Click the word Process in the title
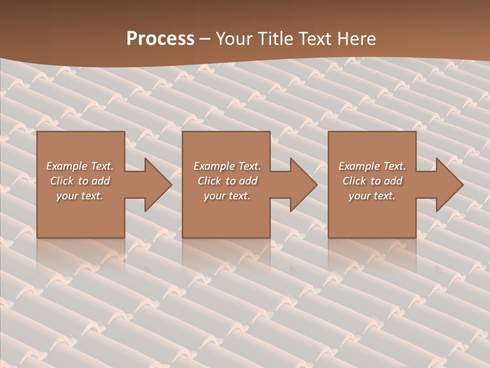pos(160,39)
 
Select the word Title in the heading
pos(276,39)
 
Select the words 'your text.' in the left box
pos(80,196)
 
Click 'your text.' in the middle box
pos(227,196)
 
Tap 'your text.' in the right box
pos(372,196)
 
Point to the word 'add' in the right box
pos(394,181)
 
